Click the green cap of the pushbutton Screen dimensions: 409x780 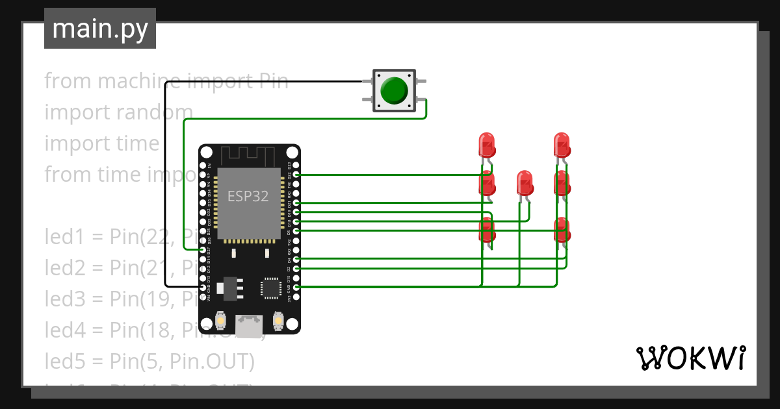[394, 90]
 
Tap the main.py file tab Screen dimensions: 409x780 [99, 29]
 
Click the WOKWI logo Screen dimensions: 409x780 [690, 358]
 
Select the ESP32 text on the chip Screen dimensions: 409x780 [248, 196]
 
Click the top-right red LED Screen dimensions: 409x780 [562, 143]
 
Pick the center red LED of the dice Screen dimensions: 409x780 [524, 182]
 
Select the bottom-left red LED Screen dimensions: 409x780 [487, 230]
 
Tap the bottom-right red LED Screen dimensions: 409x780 [562, 229]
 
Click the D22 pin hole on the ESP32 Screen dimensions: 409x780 [296, 175]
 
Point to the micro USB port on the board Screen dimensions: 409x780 [249, 326]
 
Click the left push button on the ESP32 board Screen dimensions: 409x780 [220, 321]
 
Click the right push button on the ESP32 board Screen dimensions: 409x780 [278, 321]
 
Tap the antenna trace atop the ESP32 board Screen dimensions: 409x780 [249, 156]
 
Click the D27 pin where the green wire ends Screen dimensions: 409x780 [203, 249]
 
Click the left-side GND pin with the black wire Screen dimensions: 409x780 [203, 286]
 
